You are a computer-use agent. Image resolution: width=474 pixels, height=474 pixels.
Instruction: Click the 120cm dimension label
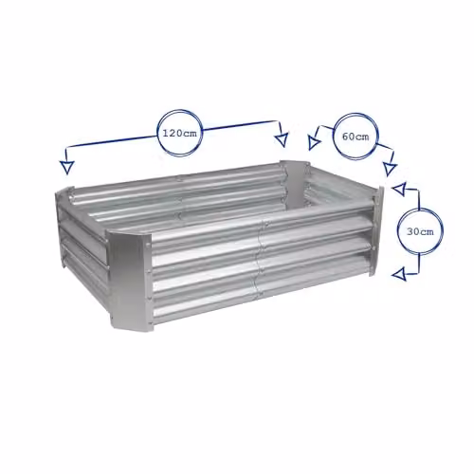[179, 134]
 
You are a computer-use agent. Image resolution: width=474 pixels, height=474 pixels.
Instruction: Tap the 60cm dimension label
[355, 137]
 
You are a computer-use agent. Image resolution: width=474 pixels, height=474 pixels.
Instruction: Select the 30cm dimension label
[420, 231]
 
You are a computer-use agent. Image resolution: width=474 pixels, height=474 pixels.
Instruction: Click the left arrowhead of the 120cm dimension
[66, 167]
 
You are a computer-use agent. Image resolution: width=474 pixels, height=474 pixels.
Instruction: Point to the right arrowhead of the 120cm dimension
[282, 139]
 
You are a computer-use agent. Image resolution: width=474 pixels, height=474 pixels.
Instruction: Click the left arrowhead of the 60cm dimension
[314, 143]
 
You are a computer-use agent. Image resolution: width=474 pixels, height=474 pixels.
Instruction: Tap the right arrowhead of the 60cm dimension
[390, 169]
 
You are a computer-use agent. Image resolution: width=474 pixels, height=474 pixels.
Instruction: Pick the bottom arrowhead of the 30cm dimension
[398, 274]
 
